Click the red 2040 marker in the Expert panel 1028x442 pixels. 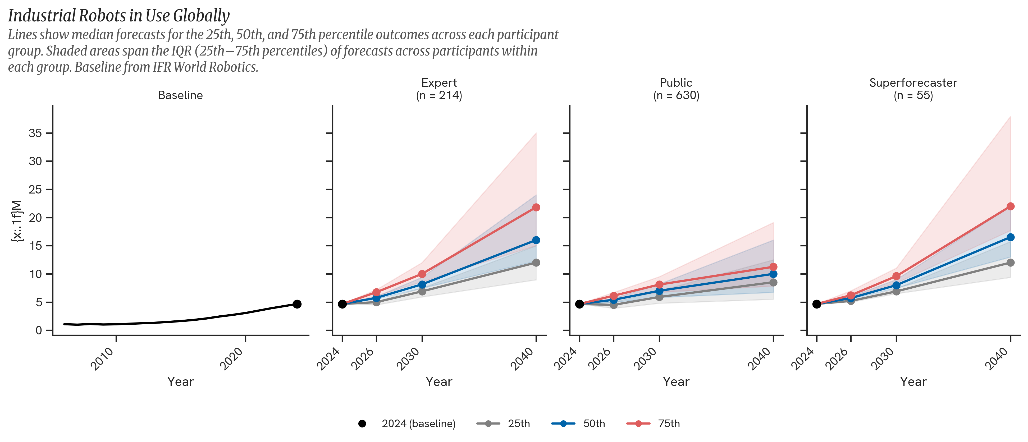536,208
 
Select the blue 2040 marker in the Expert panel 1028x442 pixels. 536,240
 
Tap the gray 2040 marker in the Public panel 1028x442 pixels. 773,282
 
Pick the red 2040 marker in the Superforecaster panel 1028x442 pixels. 1011,206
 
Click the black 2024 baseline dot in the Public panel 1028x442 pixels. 579,304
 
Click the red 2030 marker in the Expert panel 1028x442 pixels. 422,274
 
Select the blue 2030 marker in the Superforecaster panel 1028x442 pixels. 896,285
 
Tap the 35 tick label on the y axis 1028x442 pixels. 35,133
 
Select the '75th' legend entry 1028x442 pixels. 669,424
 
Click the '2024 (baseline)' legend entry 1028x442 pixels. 418,424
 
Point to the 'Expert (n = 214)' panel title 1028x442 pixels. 439,89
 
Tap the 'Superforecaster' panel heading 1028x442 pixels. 913,83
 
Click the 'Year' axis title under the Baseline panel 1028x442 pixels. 180,382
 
